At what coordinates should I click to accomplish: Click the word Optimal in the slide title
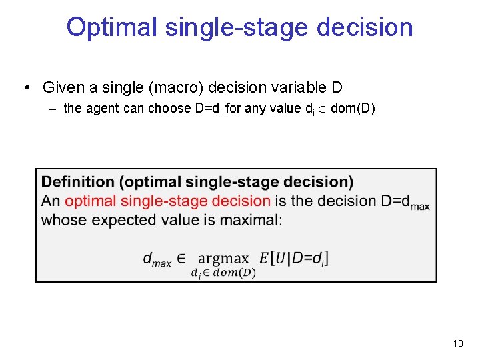coord(111,27)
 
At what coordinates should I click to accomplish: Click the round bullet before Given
coord(27,88)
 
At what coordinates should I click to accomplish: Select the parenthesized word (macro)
coord(179,87)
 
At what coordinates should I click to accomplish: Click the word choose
coord(169,109)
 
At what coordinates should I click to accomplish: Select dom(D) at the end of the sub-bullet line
coord(353,109)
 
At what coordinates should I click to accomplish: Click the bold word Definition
coord(78,182)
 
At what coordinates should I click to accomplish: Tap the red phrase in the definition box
coord(167,201)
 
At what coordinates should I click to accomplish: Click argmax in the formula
coord(223,258)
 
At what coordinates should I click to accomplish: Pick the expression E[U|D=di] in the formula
coord(294,257)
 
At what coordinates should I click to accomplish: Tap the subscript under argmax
coord(223,272)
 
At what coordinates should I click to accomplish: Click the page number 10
coord(457,343)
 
